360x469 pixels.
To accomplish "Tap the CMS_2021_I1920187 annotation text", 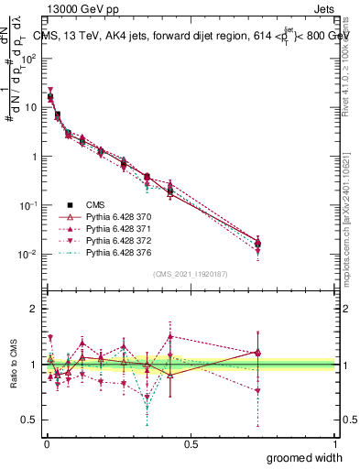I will pyautogui.click(x=191, y=273).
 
